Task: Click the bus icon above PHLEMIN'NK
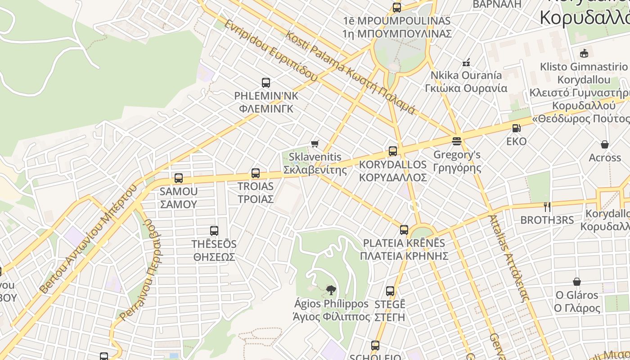click(266, 83)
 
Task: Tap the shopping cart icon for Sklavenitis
click(315, 144)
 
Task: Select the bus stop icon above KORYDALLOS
click(393, 151)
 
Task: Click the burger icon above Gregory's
click(457, 141)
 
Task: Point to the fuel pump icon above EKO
click(516, 128)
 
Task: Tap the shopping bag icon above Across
click(605, 144)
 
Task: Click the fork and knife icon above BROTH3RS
click(547, 207)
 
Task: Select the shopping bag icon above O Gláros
click(577, 282)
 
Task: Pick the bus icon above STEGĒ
click(390, 291)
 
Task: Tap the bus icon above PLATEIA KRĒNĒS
click(404, 230)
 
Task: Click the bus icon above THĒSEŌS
click(214, 231)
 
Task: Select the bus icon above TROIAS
click(256, 173)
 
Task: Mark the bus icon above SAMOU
click(179, 178)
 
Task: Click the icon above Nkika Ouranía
click(466, 62)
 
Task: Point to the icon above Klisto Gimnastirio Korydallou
click(584, 54)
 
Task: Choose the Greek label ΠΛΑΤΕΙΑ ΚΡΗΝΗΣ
click(404, 256)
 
